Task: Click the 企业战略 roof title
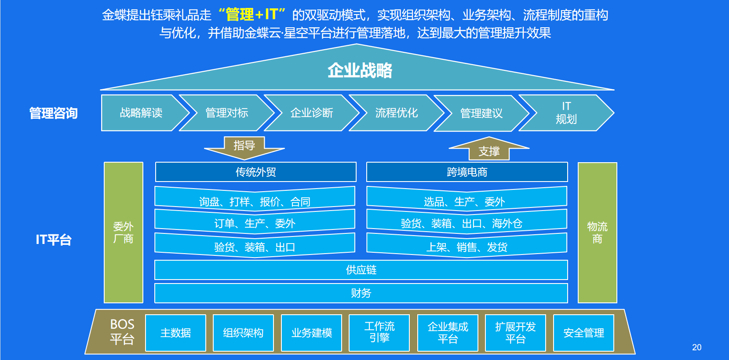coord(360,70)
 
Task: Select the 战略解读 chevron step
coord(141,113)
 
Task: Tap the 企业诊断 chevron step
coord(311,113)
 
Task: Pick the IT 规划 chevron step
coord(566,113)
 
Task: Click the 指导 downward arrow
coord(244,147)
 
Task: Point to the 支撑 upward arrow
coord(489,150)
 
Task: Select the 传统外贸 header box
coord(255,172)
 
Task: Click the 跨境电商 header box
coord(467,172)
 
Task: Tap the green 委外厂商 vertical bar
coord(123,233)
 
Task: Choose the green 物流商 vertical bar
coord(597,233)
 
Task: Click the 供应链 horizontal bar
coord(361,270)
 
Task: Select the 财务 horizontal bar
coord(361,293)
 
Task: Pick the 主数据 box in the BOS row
coord(175,333)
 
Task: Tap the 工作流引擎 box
coord(379,333)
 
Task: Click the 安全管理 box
coord(583,333)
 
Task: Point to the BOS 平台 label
coord(122,332)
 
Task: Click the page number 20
coord(696,347)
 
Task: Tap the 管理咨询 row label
coord(53,113)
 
